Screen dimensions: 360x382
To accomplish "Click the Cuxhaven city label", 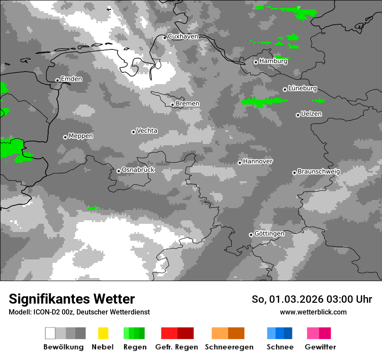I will point(183,36).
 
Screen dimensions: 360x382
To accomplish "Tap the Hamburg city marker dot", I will point(256,62).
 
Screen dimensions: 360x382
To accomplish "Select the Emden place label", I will point(71,79).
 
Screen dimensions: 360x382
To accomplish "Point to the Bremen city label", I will point(188,104).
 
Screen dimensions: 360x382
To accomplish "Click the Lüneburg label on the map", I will point(303,88).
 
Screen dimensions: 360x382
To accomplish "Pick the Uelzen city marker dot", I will point(298,115).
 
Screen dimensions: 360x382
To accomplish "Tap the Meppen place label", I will point(81,136).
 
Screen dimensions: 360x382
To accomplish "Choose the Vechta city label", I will point(147,131).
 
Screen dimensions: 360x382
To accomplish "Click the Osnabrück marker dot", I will point(119,171).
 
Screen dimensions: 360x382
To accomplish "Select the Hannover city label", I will point(258,161).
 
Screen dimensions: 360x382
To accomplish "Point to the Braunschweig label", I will point(319,172).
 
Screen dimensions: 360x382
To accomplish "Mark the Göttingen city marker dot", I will point(251,235).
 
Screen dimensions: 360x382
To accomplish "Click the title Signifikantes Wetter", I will point(72,299).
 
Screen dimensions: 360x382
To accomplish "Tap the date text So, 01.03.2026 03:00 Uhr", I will point(312,299).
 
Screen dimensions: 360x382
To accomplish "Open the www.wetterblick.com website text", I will point(313,312).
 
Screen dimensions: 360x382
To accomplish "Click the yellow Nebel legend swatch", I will point(103,333).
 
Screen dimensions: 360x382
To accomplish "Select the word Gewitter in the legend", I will point(320,347).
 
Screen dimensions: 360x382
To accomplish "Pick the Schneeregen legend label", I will point(229,347).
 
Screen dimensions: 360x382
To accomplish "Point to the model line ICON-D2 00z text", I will point(79,312).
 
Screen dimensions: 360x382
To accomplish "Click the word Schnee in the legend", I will point(280,347).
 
